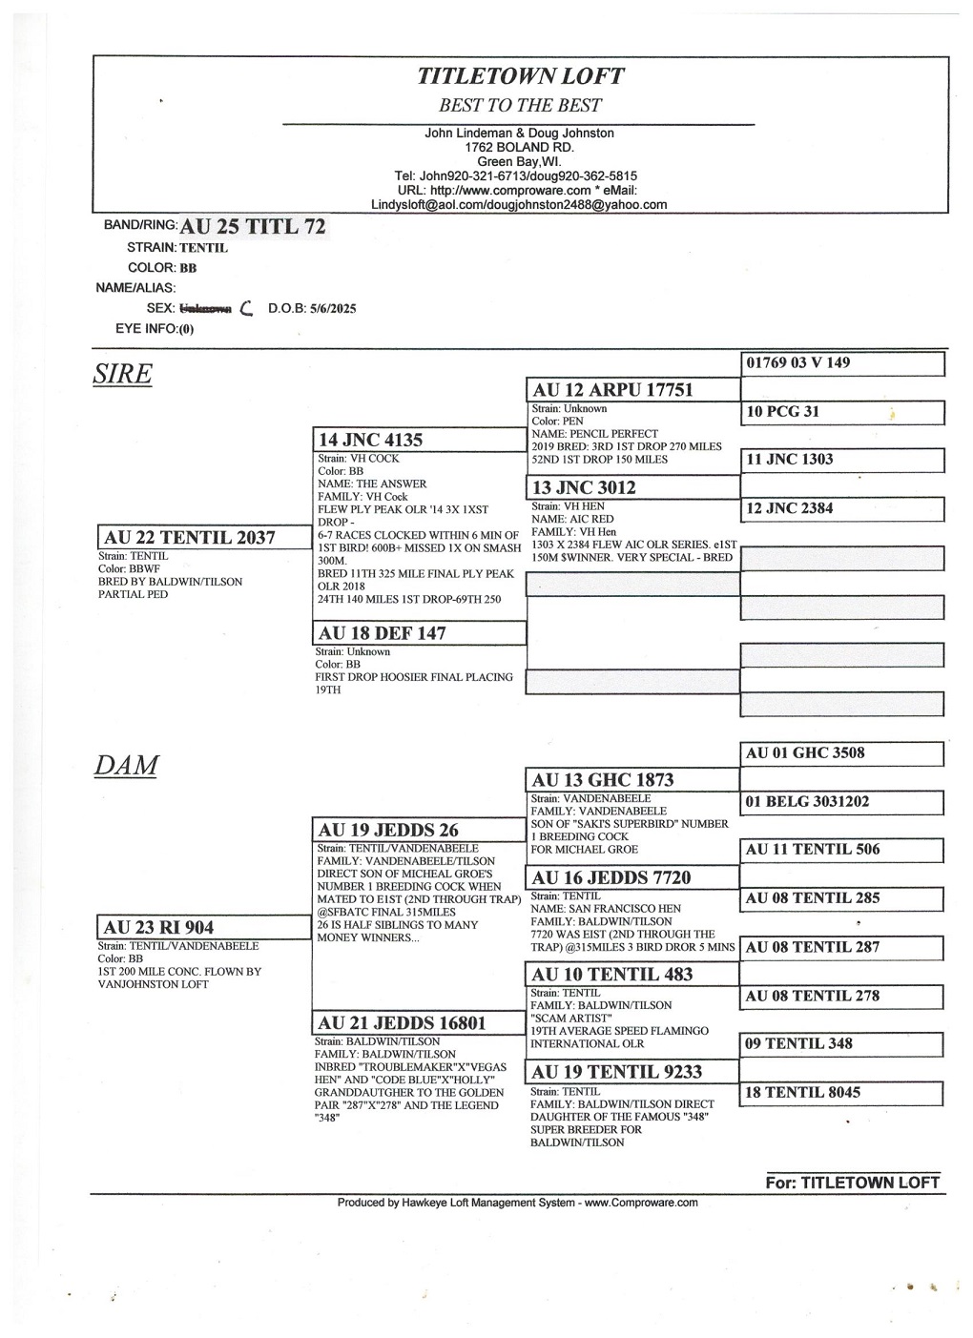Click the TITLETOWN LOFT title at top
(520, 76)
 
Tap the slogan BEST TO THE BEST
(520, 106)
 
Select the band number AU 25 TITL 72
(253, 227)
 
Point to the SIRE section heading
(123, 375)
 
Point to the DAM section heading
(126, 766)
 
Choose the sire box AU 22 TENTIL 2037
(190, 538)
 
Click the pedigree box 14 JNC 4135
(371, 440)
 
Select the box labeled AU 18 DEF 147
(383, 633)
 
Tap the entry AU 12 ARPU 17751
(613, 390)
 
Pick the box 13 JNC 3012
(585, 488)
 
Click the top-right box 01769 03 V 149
(798, 363)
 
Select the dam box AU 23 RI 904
(159, 928)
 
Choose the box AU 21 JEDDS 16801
(403, 1023)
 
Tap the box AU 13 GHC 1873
(603, 780)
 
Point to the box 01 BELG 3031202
(808, 802)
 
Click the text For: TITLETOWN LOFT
(853, 1183)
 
